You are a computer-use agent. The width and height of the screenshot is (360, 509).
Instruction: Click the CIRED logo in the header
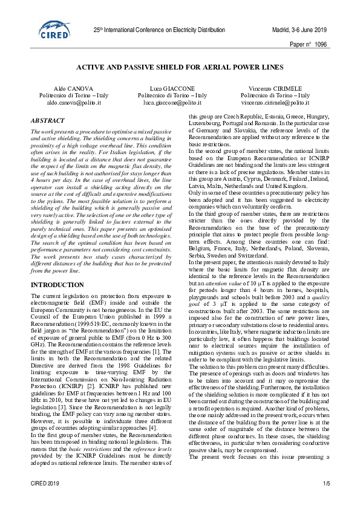pos(55,30)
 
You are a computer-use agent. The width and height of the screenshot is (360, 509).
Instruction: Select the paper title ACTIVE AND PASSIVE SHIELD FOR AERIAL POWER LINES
pos(180,69)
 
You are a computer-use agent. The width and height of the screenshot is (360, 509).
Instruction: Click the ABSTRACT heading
pos(48,121)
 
